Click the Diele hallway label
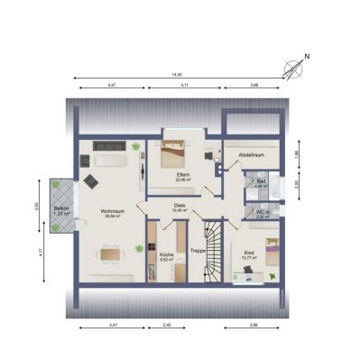pyautogui.click(x=180, y=206)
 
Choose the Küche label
pyautogui.click(x=167, y=255)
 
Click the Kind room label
pyautogui.click(x=250, y=254)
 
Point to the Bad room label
pyautogui.click(x=260, y=184)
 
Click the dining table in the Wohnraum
pyautogui.click(x=113, y=256)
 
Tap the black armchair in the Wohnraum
pyautogui.click(x=91, y=180)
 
